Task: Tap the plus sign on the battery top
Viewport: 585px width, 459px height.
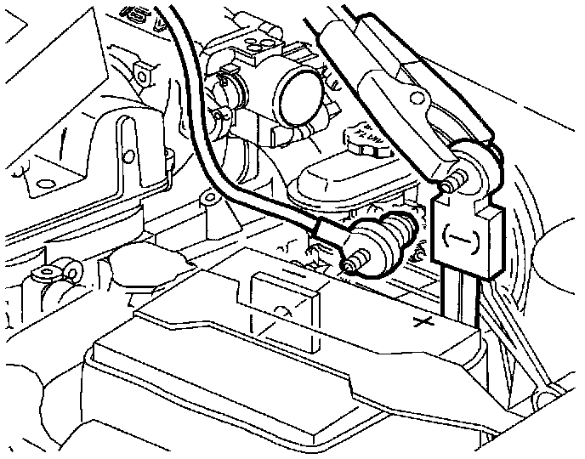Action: pyautogui.click(x=418, y=322)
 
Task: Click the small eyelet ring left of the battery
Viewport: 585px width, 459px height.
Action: pyautogui.click(x=62, y=271)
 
